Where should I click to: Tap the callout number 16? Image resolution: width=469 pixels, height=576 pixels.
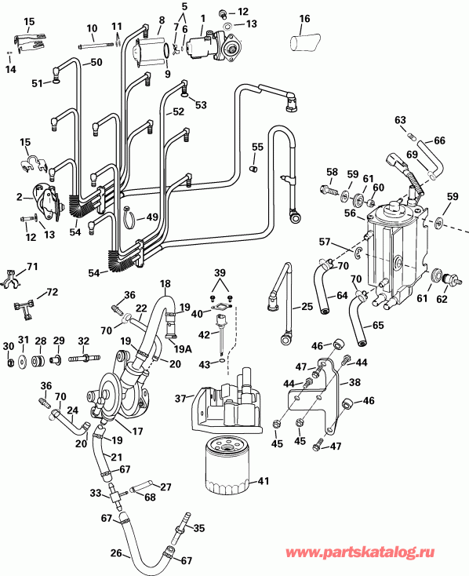tap(304, 18)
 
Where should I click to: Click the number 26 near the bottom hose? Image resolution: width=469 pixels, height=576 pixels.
tap(116, 554)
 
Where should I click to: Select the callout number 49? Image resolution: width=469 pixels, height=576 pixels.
tap(153, 217)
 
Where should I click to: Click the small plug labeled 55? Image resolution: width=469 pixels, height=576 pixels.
tap(253, 166)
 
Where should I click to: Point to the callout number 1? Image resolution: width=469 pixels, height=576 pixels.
tap(203, 18)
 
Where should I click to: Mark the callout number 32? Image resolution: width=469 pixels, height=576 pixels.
tap(83, 341)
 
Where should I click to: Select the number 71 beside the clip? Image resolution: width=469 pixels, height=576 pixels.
tap(31, 268)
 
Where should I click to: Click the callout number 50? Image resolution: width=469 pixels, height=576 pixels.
tap(96, 62)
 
